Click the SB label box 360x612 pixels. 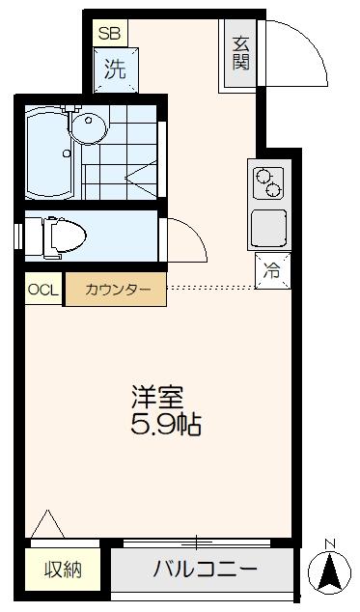coord(107,32)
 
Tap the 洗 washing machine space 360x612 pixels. coord(115,70)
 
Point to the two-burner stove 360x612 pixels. coord(267,181)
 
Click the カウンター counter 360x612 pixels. coord(116,290)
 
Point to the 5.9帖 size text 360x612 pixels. coord(166,425)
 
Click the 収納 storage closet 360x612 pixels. coord(63,570)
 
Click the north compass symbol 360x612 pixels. coord(329,572)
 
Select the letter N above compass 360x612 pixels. coord(330,542)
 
